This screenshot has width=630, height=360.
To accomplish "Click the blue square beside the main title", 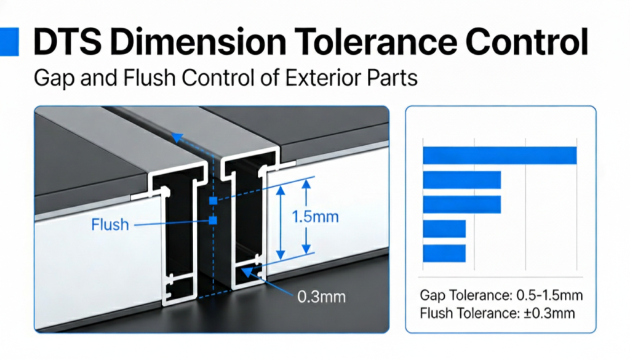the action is pyautogui.click(x=9, y=41).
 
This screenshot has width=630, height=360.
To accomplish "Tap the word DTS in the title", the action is pyautogui.click(x=67, y=42).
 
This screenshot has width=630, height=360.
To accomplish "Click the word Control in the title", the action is pyautogui.click(x=527, y=42).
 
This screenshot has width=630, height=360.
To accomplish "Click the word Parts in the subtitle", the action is pyautogui.click(x=393, y=78).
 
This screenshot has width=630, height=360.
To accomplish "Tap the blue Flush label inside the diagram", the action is pyautogui.click(x=110, y=225).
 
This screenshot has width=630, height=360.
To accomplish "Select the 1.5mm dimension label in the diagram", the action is pyautogui.click(x=316, y=217).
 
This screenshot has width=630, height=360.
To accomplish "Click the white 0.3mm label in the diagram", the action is pyautogui.click(x=321, y=297).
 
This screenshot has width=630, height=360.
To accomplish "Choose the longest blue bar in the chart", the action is pyautogui.click(x=500, y=156).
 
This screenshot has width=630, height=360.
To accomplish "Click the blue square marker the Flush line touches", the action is pyautogui.click(x=213, y=220).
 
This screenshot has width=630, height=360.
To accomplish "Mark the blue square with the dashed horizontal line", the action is pyautogui.click(x=213, y=200).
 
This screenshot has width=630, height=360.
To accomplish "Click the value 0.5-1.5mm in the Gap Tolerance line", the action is pyautogui.click(x=549, y=295).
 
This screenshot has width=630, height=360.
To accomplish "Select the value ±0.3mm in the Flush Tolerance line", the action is pyautogui.click(x=549, y=313).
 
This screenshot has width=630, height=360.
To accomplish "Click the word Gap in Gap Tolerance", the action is pyautogui.click(x=433, y=296).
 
